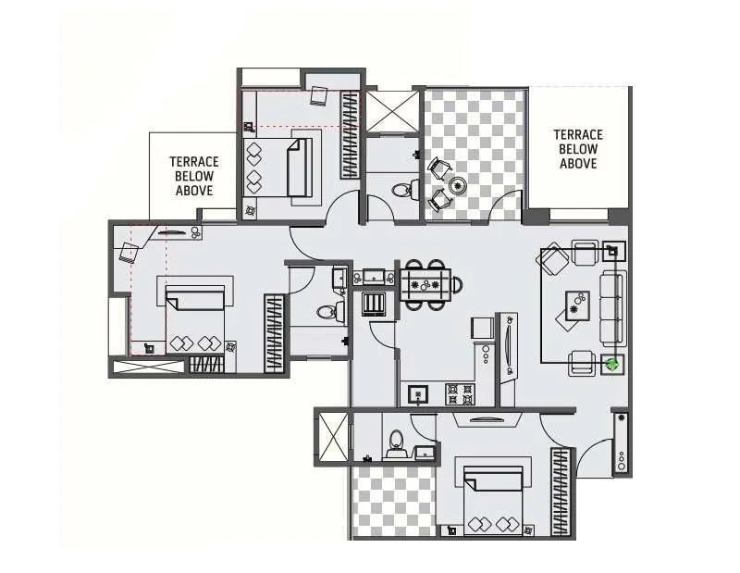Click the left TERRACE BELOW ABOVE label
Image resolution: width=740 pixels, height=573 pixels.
194,176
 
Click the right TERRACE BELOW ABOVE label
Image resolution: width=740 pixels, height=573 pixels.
578,149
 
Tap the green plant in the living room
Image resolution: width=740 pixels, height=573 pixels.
610,364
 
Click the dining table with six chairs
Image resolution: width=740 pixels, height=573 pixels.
431,280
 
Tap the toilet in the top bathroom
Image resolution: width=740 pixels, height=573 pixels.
401,192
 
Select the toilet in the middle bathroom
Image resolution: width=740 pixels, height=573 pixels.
327,312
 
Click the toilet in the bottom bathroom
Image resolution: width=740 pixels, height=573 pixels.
396,442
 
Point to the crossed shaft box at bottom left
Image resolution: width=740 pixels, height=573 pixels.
333,437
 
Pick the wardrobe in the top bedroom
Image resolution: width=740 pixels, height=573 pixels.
349,134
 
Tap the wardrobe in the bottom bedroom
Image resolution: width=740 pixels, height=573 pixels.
561,491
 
